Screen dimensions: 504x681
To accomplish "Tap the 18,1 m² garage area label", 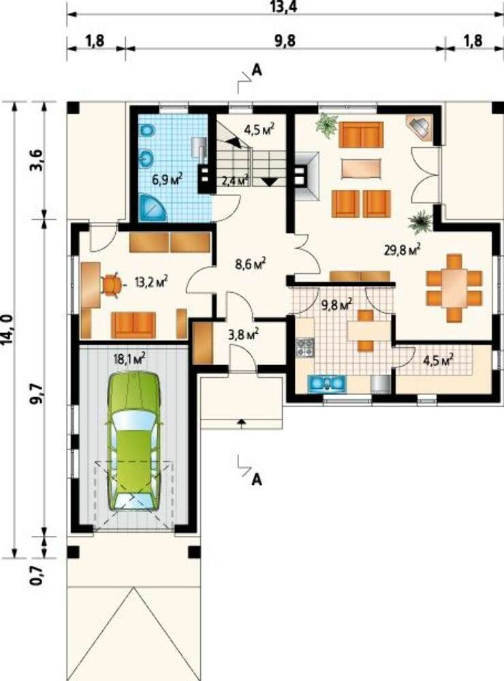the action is (x=129, y=359).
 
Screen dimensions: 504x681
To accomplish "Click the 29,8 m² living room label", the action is (x=402, y=249).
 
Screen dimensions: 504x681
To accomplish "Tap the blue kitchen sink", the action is (x=327, y=383).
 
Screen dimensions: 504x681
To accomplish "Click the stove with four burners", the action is (x=304, y=347).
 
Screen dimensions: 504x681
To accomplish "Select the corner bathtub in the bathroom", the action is (x=151, y=208).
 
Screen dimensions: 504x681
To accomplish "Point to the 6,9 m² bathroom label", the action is (x=167, y=178).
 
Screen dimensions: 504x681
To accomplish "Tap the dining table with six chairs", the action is (x=454, y=288).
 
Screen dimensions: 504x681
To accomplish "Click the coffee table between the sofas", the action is (x=361, y=168).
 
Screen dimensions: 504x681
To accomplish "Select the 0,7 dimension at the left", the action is (x=37, y=574).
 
